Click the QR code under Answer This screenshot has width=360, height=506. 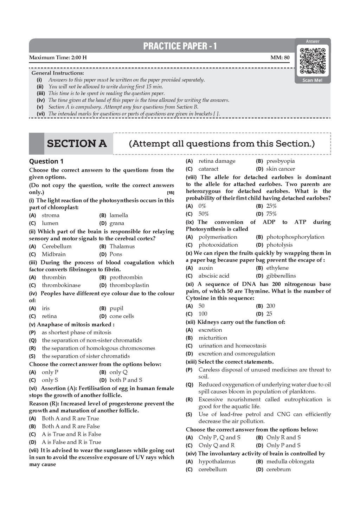point(313,61)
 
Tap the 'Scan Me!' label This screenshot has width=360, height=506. point(313,80)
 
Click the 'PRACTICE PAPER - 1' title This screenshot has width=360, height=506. point(180,46)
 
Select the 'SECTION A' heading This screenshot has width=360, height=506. point(77,144)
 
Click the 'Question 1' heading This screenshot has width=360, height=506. point(46,161)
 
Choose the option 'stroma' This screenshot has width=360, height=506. point(51,215)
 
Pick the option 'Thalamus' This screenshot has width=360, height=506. point(122,246)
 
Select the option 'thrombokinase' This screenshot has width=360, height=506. point(61,285)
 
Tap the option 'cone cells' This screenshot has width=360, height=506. point(122,316)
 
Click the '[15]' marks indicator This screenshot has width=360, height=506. point(171,193)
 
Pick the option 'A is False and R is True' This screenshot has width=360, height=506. point(71,442)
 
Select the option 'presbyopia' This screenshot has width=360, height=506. point(281,161)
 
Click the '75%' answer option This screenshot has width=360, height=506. point(271,214)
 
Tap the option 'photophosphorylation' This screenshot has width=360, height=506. point(295,237)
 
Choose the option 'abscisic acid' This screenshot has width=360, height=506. point(214,276)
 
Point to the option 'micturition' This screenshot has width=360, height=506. point(213,338)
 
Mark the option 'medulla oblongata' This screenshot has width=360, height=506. point(290,462)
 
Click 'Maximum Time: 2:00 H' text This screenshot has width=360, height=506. point(58,58)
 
